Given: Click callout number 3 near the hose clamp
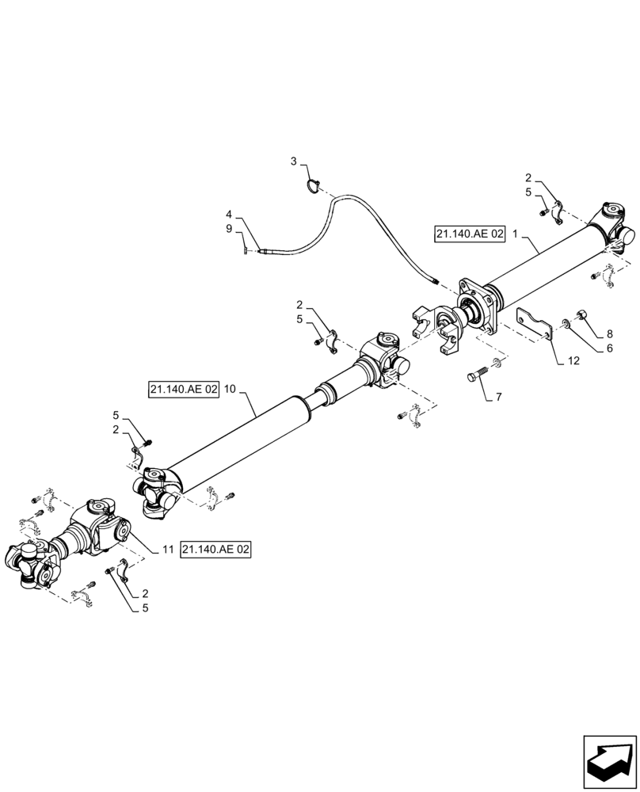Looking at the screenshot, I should [294, 162].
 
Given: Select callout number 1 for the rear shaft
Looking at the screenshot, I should [516, 234].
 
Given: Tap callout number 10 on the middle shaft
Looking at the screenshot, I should [230, 390].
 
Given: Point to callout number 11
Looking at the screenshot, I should [167, 550].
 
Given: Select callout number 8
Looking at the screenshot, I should [609, 334].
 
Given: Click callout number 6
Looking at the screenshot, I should [609, 348].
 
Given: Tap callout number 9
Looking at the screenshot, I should [229, 229].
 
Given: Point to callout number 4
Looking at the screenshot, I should [229, 215].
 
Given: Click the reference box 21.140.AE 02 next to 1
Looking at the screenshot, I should [469, 234].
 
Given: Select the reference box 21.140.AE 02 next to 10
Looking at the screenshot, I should [182, 390].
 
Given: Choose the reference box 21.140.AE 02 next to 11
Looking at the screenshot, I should [215, 550].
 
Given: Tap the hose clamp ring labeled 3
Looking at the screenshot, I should [314, 186].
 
